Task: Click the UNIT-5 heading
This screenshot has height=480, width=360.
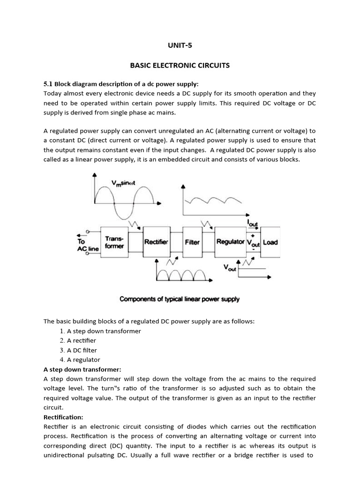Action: point(180,45)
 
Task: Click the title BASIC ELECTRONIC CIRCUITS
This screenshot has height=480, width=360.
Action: point(180,66)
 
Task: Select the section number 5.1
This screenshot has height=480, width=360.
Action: point(48,84)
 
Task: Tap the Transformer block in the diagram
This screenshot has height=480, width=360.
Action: point(114,242)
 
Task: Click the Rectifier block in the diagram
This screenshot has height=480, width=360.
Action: point(156,242)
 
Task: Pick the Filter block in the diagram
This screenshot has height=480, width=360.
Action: point(192,242)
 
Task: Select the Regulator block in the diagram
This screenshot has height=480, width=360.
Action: point(230,242)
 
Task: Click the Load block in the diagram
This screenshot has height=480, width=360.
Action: point(270,242)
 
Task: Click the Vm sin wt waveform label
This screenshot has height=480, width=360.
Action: point(123,183)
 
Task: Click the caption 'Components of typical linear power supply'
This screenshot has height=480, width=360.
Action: point(180,299)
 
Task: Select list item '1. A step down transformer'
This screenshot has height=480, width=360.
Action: point(100,331)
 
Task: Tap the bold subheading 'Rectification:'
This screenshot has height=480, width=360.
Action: point(63,417)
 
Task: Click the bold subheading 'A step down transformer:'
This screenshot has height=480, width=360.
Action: point(82,369)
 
